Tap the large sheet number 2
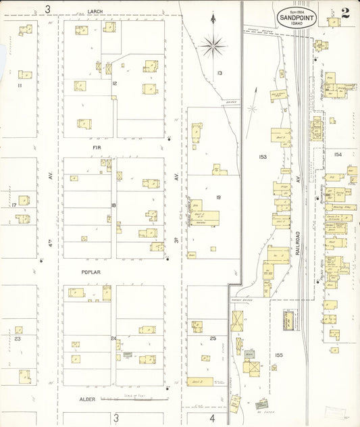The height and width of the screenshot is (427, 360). coord(345,12)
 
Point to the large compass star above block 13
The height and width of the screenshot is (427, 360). coord(213,45)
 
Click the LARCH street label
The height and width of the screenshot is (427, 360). coord(96,11)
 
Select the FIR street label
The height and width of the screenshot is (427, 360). coord(96,145)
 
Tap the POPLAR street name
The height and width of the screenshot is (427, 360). coord(92,272)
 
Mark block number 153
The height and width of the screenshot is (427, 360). coord(263,157)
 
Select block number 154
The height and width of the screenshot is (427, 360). coord(338,155)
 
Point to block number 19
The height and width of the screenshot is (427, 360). coord(218,197)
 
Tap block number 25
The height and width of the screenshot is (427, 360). coord(213,337)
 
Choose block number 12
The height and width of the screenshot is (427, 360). coord(115,83)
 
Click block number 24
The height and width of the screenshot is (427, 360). coord(113,338)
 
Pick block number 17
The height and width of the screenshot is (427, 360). coord(13,205)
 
